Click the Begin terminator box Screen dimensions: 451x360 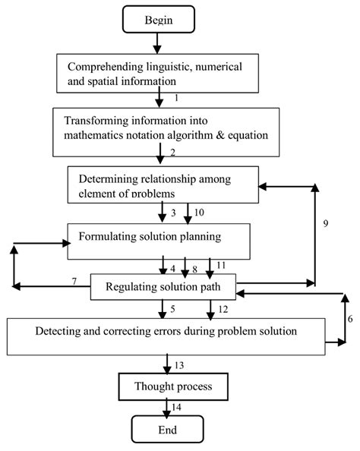point(159,20)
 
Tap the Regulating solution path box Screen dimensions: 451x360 point(163,288)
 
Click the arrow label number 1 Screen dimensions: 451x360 point(175,98)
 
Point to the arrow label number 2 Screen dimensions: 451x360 point(173,153)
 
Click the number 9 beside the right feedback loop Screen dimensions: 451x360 point(325,224)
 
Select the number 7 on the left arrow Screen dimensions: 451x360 point(74,282)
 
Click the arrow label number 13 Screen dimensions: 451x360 point(179,365)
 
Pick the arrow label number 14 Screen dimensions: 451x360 point(178,408)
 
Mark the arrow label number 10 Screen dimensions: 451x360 point(200,212)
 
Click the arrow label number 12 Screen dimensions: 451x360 point(223,309)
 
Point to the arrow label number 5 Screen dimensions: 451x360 point(173,309)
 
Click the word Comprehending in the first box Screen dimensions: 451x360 point(103,65)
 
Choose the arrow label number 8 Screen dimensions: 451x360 point(194,268)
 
